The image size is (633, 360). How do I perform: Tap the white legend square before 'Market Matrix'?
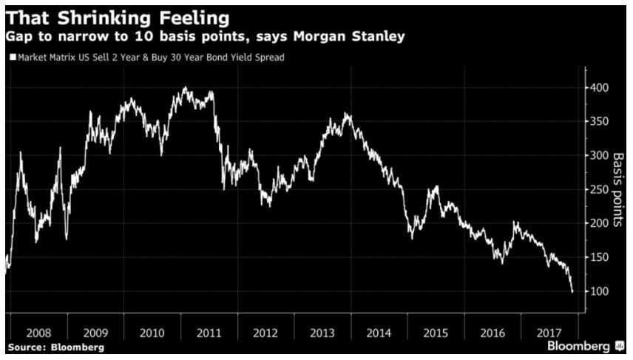point(13,56)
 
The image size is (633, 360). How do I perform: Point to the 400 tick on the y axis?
point(600,88)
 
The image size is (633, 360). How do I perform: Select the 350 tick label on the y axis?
point(600,122)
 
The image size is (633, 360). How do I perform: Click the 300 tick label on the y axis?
point(600,156)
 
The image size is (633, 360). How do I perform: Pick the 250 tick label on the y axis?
point(600,190)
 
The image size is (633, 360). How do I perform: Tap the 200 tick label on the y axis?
point(600,223)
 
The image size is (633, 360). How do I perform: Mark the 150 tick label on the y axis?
point(600,257)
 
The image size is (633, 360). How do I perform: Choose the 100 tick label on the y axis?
point(600,291)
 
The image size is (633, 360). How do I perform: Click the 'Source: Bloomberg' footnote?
point(56,347)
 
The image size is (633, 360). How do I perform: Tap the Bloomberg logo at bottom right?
point(584,346)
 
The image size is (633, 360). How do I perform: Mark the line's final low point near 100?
point(572,291)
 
